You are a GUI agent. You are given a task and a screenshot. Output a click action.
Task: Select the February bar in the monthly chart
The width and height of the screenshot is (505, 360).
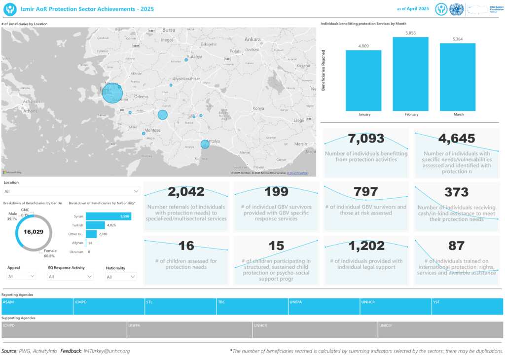pyautogui.click(x=410, y=74)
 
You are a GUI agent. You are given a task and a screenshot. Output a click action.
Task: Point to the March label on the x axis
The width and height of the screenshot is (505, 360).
pyautogui.click(x=458, y=114)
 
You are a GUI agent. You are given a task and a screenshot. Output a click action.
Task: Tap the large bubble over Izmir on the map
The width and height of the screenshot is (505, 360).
pyautogui.click(x=112, y=93)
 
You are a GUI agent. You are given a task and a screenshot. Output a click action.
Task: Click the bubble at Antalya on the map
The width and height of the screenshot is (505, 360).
pyautogui.click(x=205, y=144)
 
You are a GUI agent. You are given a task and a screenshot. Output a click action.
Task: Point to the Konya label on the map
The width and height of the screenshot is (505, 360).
pyautogui.click(x=258, y=108)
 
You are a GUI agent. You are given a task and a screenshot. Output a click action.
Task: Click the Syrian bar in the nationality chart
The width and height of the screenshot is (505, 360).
pyautogui.click(x=108, y=216)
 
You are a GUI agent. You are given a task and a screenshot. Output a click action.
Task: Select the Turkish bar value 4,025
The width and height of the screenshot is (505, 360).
pyautogui.click(x=111, y=225)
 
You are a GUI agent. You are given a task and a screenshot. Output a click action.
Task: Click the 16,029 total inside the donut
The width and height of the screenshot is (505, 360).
pyautogui.click(x=34, y=231)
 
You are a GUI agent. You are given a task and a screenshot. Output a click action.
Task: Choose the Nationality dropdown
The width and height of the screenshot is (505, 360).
pyautogui.click(x=121, y=277)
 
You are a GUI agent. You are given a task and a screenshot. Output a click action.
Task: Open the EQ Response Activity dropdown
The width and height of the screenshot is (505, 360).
pyautogui.click(x=71, y=277)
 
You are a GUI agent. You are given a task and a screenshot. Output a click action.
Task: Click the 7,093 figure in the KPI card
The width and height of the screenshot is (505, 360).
pyautogui.click(x=366, y=139)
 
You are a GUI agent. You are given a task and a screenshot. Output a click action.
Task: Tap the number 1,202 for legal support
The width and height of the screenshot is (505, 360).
pyautogui.click(x=366, y=246)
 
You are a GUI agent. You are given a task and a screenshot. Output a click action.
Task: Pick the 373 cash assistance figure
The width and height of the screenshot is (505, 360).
pyautogui.click(x=456, y=192)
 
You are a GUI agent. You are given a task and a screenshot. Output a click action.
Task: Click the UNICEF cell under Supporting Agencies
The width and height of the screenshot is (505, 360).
pyautogui.click(x=440, y=330)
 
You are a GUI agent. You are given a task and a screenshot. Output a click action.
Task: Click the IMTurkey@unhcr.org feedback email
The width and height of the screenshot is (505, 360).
pyautogui.click(x=107, y=351)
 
